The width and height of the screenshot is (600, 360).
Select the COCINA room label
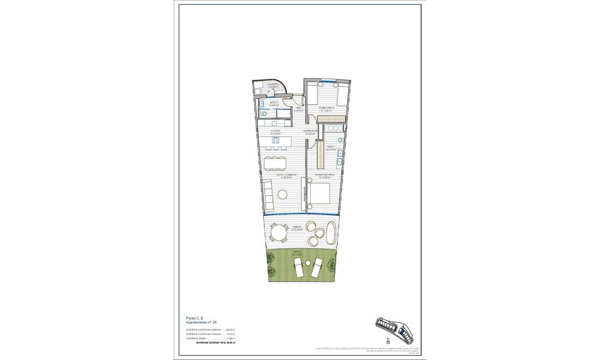pyautogui.click(x=276, y=132)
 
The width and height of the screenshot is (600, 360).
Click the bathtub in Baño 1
pyautogui.click(x=334, y=128)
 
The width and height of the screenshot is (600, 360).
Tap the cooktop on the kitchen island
pyautogui.click(x=276, y=140)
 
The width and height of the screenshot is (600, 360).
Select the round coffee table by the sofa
pyautogui.click(x=282, y=194)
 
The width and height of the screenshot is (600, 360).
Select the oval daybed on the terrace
pyautogui.click(x=331, y=232)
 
